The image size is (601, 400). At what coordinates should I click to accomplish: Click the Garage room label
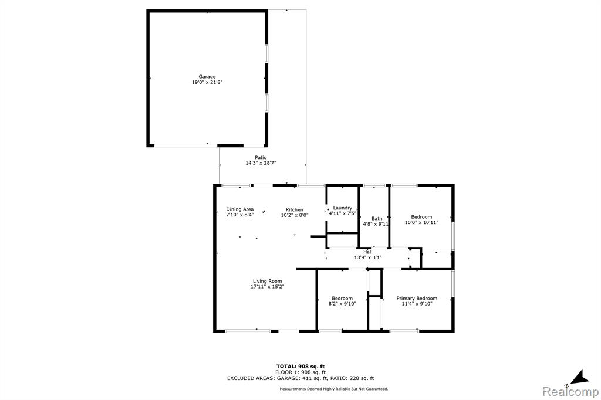(x=207, y=77)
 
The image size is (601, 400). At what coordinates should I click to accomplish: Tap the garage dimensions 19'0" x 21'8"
(x=207, y=82)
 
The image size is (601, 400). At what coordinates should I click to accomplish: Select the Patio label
(x=261, y=157)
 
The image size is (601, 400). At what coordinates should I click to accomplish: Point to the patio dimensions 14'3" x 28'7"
(x=261, y=163)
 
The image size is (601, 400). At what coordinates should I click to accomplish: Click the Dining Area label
(x=239, y=209)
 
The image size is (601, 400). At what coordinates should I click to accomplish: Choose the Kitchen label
(x=295, y=209)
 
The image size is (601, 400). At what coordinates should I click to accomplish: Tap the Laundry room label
(x=342, y=208)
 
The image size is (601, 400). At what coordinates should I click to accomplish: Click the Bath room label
(x=377, y=218)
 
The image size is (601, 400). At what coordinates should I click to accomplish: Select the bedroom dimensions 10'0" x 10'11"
(x=421, y=222)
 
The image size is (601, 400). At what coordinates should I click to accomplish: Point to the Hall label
(x=368, y=252)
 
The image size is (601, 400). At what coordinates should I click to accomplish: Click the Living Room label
(x=267, y=281)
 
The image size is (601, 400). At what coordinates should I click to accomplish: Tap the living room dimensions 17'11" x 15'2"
(x=267, y=287)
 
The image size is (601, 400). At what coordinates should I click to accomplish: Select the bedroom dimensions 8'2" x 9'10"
(x=342, y=304)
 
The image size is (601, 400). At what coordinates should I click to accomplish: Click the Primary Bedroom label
(x=417, y=299)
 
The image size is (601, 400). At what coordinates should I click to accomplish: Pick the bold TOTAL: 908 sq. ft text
(x=300, y=367)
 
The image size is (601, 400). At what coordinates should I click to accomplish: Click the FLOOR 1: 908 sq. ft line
(x=300, y=372)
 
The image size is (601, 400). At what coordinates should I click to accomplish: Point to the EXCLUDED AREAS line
(x=300, y=378)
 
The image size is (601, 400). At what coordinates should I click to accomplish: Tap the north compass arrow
(x=580, y=377)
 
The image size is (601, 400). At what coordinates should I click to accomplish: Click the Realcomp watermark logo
(x=570, y=392)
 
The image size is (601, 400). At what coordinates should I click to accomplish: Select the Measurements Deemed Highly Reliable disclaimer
(x=333, y=389)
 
